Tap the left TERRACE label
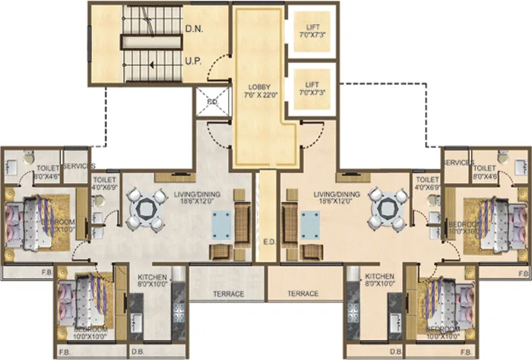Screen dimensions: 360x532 point(228,293)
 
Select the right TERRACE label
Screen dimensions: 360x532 point(303,293)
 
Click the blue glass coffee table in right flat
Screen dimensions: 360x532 point(309,225)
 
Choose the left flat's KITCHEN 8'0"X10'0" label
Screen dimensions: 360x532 point(152,281)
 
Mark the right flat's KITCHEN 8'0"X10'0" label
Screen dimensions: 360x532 point(379,281)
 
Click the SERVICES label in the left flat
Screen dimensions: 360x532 point(78,166)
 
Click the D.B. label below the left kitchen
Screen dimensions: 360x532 point(138,352)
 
